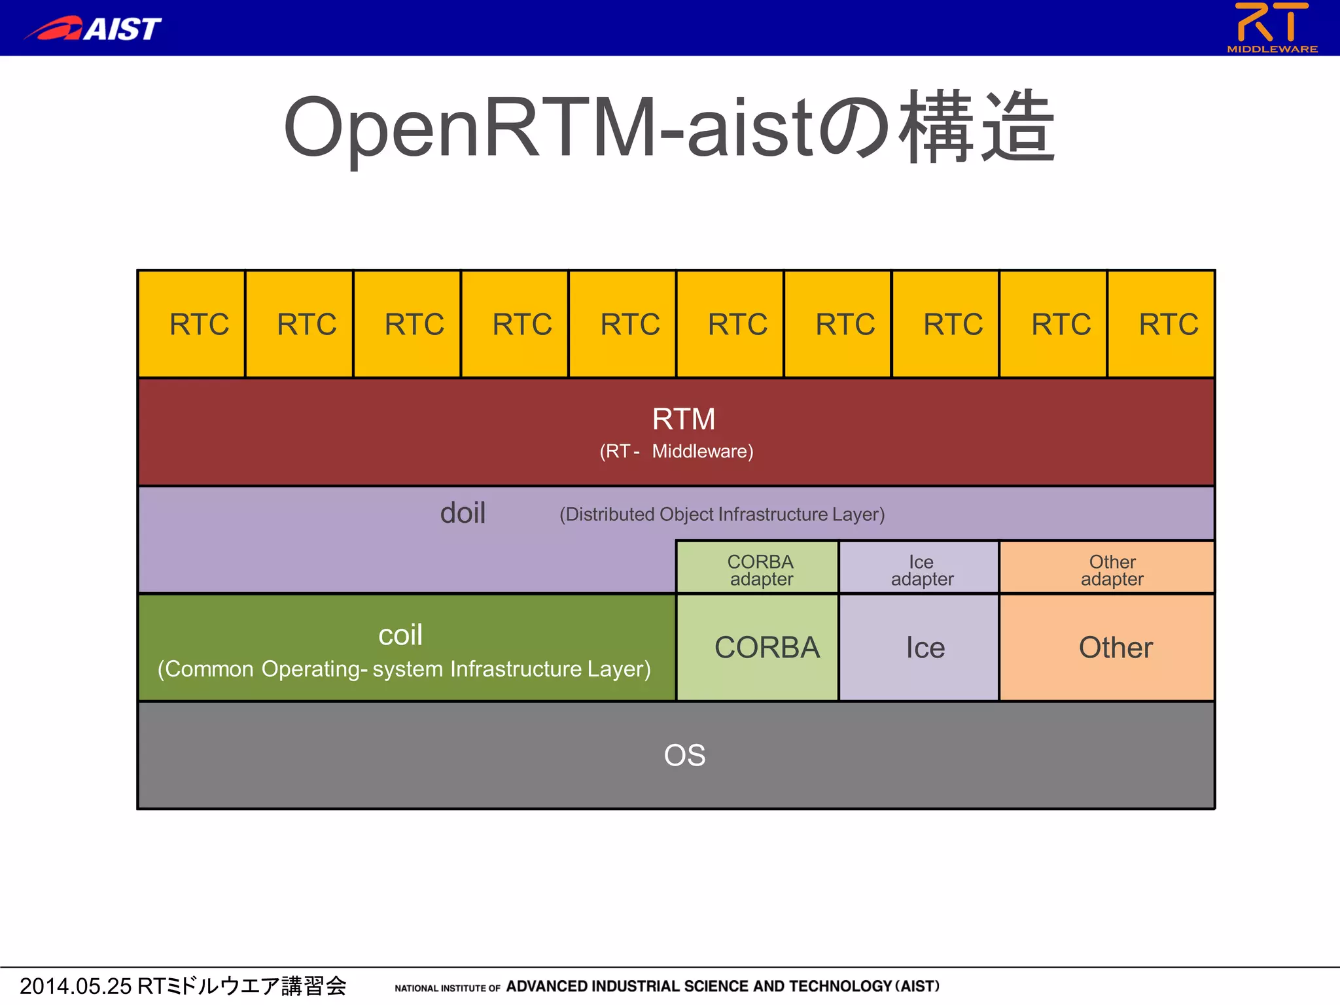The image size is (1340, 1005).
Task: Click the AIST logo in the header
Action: click(93, 28)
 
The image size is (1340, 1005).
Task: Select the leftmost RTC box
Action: click(192, 324)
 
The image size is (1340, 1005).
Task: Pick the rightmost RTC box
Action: click(1161, 324)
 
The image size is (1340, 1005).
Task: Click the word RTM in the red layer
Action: click(683, 419)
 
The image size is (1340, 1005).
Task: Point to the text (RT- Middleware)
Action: click(677, 451)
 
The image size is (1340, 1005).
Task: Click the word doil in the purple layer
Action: click(463, 513)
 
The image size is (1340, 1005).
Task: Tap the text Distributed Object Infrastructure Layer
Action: click(722, 514)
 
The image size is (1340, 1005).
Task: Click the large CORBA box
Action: click(758, 648)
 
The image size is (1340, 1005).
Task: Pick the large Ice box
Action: click(919, 648)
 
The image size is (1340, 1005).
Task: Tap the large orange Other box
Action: click(1107, 648)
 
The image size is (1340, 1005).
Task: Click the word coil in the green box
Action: click(400, 635)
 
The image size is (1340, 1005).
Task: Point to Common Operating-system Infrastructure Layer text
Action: click(404, 669)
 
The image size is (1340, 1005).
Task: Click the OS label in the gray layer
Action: click(684, 755)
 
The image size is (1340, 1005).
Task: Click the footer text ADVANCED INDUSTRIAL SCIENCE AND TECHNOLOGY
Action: click(699, 986)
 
